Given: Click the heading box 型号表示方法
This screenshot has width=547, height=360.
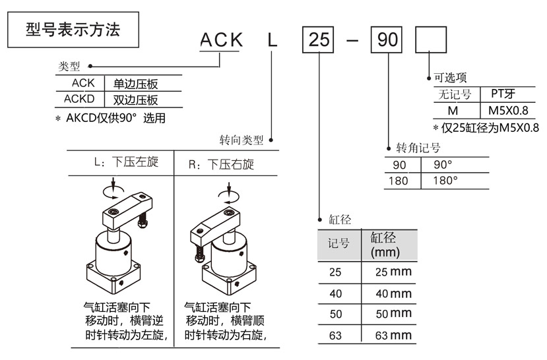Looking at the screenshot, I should tap(73, 30).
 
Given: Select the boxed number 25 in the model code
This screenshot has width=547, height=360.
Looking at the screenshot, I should tap(319, 41).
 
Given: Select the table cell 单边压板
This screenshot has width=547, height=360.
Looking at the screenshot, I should tap(137, 84).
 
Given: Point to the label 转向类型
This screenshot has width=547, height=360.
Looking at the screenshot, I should tap(241, 140).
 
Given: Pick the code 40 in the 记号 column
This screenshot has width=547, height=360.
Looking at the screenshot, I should tap(335, 293).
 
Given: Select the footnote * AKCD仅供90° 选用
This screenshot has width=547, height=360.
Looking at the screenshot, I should tap(110, 119).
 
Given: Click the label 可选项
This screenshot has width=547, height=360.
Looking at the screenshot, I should tap(450, 78).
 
